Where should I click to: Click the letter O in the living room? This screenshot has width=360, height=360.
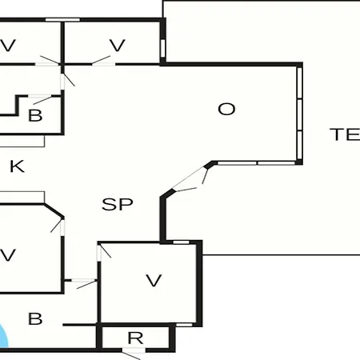pos(226,109)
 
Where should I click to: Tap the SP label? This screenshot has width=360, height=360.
pos(118,204)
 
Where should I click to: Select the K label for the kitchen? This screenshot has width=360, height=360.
pos(17,166)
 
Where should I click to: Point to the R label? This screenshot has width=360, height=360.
pos(135,338)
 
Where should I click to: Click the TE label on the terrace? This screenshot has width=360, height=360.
pos(345,134)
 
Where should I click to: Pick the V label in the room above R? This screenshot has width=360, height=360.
pos(154,281)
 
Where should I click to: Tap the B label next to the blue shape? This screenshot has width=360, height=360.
pos(35,318)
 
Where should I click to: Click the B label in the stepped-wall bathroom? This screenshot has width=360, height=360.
pos(35,115)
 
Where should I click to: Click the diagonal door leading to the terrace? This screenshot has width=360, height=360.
pos(190,178)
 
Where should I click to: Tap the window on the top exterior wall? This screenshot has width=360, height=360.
pos(62,20)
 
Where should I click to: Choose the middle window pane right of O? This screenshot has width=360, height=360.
pos(299,115)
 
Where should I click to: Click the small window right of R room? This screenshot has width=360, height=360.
pos(184,325)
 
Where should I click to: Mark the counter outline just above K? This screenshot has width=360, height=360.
pos(22,142)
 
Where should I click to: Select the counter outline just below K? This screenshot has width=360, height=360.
pos(22,197)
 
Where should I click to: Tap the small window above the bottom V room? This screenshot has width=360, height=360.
pos(181,242)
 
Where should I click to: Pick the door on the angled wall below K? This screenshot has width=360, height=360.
pos(58,226)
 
